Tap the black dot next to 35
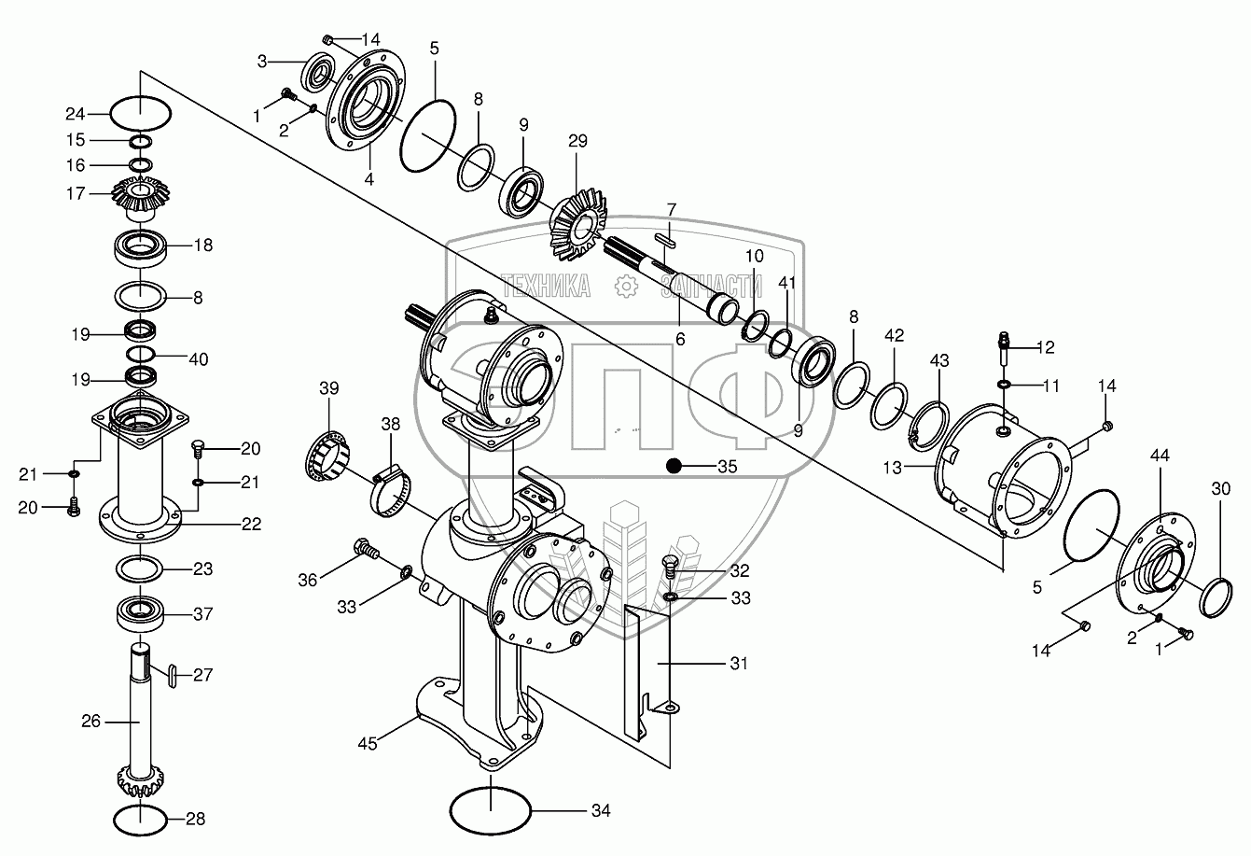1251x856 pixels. [x=674, y=466]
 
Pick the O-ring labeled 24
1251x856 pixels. [x=141, y=114]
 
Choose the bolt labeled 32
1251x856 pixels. [x=671, y=566]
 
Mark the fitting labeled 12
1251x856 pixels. [x=1005, y=350]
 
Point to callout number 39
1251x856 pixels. [x=329, y=387]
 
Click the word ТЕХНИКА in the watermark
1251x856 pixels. [x=546, y=286]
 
